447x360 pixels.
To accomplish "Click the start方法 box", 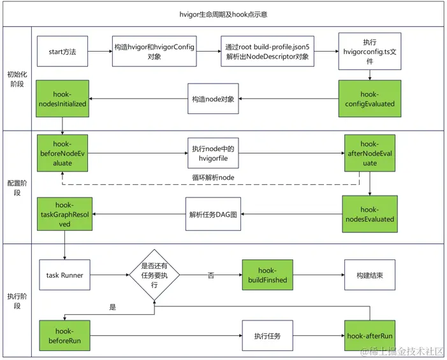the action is click(x=62, y=51).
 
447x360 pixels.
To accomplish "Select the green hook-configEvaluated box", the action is click(x=370, y=99).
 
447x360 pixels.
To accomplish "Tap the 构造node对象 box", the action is click(x=213, y=99).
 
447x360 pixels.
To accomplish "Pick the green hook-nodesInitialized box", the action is click(x=62, y=99).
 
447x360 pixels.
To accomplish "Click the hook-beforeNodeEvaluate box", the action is click(x=62, y=153).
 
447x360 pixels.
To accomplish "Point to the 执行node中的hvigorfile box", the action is click(x=213, y=153).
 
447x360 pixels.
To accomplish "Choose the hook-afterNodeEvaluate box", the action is click(x=370, y=153).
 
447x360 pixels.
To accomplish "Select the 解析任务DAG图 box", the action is click(x=213, y=214).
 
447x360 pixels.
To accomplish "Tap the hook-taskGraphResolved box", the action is click(x=64, y=214).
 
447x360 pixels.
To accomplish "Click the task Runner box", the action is click(x=64, y=275).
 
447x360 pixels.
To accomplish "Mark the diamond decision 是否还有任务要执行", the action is click(x=154, y=275).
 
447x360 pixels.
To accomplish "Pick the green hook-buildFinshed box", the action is click(x=267, y=275).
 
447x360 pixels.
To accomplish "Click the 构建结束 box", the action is click(x=370, y=275).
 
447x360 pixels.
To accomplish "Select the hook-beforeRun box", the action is click(x=64, y=336).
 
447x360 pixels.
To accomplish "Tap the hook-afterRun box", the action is click(x=370, y=336).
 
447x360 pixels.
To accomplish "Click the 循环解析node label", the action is click(x=213, y=177).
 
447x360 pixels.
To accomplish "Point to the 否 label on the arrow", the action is click(x=210, y=275).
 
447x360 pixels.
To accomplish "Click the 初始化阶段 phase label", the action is click(x=17, y=79).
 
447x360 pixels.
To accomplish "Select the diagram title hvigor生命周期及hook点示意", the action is click(x=223, y=14).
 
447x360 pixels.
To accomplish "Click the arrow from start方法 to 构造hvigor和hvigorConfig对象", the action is click(x=100, y=51).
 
